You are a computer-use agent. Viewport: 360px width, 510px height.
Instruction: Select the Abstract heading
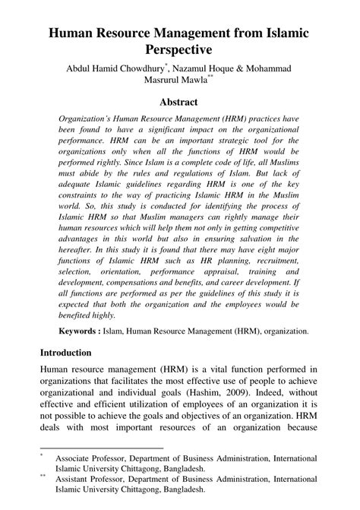(x=179, y=102)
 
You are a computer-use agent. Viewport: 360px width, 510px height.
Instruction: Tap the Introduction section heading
(x=65, y=353)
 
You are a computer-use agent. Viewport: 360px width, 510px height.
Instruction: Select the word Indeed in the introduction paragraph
(x=255, y=393)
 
